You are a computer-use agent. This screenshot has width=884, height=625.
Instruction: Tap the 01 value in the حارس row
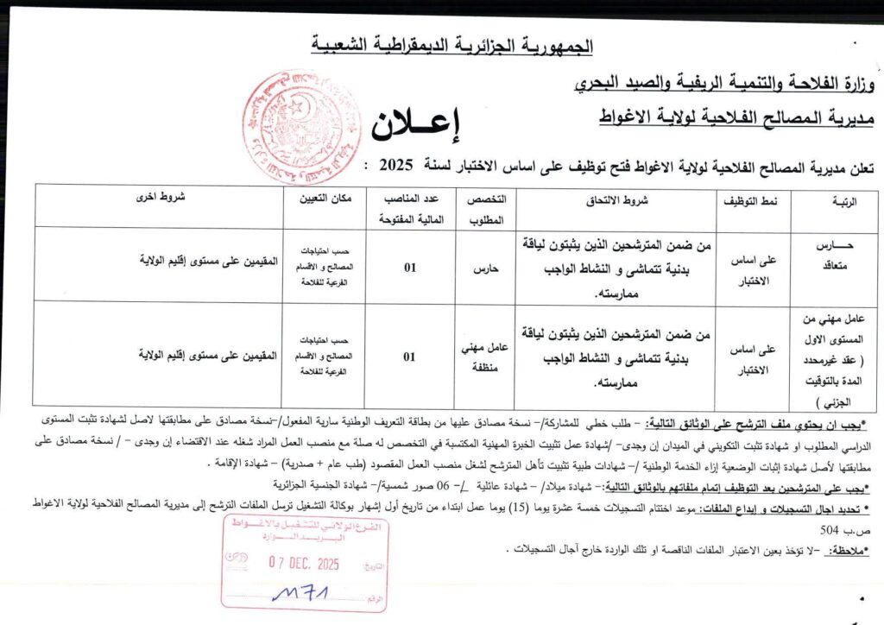pos(410,267)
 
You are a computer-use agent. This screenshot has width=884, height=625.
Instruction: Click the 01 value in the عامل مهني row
pos(410,356)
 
